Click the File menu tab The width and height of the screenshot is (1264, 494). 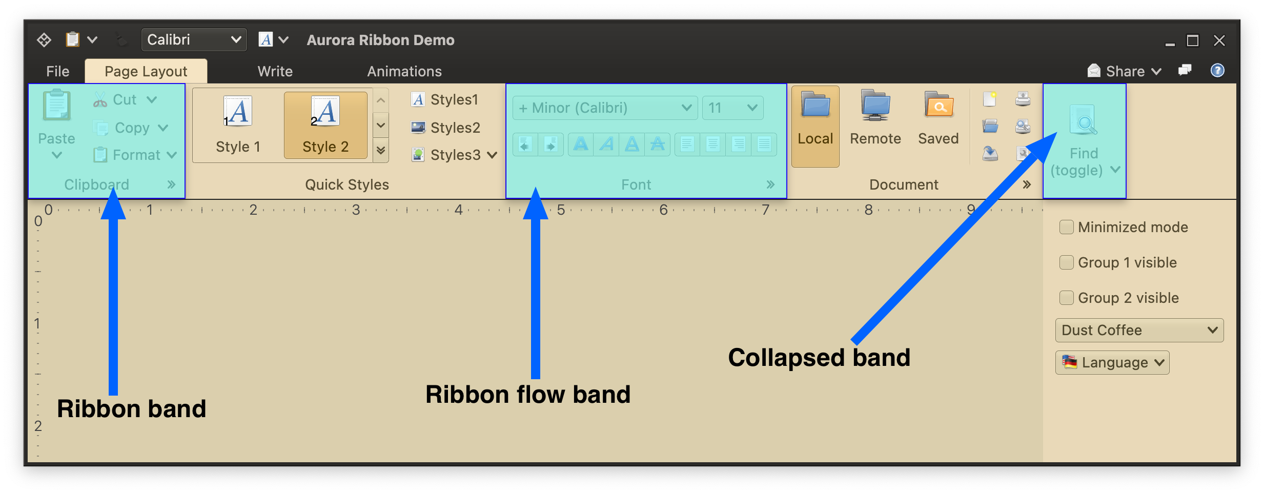pyautogui.click(x=57, y=71)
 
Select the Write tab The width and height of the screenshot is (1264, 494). pyautogui.click(x=275, y=71)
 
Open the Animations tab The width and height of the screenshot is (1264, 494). pyautogui.click(x=404, y=71)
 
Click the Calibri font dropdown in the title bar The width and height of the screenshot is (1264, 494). pyautogui.click(x=193, y=40)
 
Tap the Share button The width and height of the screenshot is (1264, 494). pyautogui.click(x=1124, y=71)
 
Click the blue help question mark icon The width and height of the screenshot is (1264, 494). pyautogui.click(x=1217, y=70)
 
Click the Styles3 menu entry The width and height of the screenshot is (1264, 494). pyautogui.click(x=454, y=155)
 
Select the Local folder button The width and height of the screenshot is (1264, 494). pyautogui.click(x=815, y=126)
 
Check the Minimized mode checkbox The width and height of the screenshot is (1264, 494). pyautogui.click(x=1067, y=227)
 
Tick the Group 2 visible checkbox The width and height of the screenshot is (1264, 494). pyautogui.click(x=1067, y=298)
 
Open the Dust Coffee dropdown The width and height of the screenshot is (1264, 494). pyautogui.click(x=1139, y=330)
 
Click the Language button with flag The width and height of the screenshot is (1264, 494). pyautogui.click(x=1112, y=362)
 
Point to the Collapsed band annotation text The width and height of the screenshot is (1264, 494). pyautogui.click(x=819, y=358)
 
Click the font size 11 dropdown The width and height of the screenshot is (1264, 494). pyautogui.click(x=732, y=108)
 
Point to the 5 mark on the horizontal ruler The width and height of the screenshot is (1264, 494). pyautogui.click(x=561, y=210)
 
